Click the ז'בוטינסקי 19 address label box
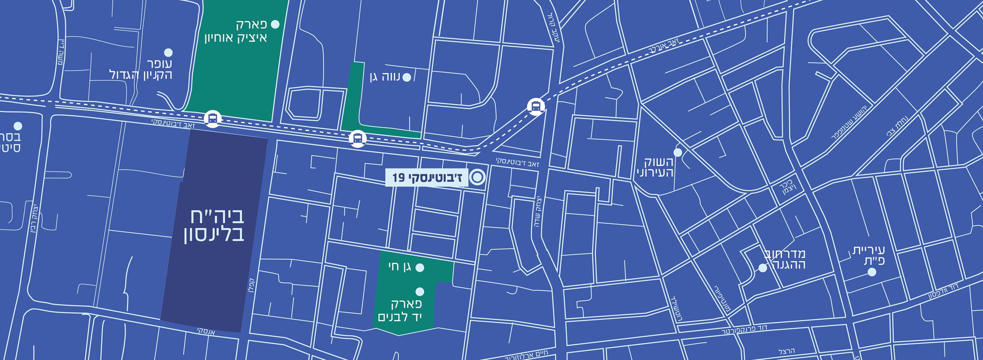tap(427, 178)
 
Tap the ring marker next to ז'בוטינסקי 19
tap(477, 177)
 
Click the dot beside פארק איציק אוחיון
tap(275, 25)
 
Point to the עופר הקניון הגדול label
tap(141, 69)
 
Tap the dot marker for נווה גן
tap(407, 78)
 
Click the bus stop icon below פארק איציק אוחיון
tap(213, 119)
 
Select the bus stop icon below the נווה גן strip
tap(358, 139)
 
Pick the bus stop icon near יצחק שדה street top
tap(536, 107)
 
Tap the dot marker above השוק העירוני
tap(678, 152)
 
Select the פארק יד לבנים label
tap(400, 310)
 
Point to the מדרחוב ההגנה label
tap(785, 259)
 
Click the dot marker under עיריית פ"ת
tap(872, 272)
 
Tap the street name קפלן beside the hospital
tap(252, 285)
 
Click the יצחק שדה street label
tap(538, 212)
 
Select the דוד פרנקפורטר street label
tap(744, 330)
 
